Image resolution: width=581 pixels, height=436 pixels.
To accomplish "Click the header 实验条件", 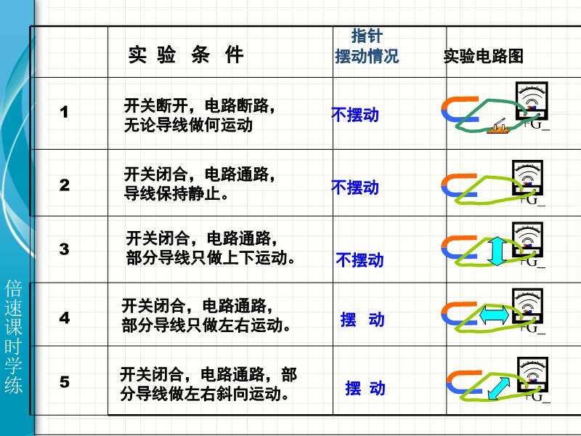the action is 186,55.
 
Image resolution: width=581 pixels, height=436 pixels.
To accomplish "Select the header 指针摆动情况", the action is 367,47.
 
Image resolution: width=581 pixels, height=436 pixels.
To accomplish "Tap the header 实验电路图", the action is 483,56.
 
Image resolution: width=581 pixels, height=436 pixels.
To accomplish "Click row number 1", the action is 64,112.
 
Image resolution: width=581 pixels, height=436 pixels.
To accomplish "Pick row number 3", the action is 64,249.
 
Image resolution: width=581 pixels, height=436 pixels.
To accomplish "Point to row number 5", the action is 64,382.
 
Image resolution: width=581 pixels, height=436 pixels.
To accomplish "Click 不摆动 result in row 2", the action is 355,187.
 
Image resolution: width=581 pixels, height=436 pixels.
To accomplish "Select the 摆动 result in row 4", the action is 362,320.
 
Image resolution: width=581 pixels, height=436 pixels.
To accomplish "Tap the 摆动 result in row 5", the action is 365,388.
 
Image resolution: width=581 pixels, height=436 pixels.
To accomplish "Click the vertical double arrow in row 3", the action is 497,251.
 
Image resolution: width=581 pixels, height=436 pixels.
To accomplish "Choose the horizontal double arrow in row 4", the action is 494,315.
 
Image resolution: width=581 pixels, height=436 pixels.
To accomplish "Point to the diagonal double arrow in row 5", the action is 499,388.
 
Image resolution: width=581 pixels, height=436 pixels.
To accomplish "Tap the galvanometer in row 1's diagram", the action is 532,101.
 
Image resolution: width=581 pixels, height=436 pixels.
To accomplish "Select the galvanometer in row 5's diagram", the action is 532,374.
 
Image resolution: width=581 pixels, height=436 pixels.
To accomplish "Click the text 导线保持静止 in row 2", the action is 172,193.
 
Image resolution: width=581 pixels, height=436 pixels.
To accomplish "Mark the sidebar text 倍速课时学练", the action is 14,336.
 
